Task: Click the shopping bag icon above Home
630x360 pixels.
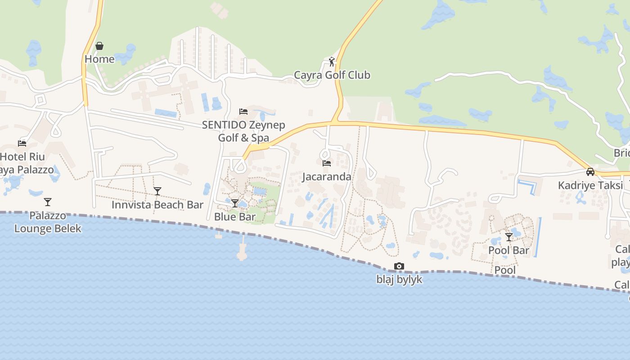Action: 99,46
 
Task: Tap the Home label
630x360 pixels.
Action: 99,59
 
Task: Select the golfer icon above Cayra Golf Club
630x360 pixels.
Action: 332,62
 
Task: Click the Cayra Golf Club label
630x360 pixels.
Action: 332,75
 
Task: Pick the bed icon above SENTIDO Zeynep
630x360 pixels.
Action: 243,111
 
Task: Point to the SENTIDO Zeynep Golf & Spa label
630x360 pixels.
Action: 243,131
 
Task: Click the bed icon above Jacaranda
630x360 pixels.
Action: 327,163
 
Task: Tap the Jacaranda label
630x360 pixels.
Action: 327,176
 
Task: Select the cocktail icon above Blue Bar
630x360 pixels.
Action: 235,203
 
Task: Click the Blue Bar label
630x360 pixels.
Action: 235,216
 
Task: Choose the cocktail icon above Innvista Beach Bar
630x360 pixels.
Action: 157,191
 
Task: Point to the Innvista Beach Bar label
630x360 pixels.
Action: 157,205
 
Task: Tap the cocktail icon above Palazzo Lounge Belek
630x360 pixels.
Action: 48,202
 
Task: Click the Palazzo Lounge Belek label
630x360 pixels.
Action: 48,222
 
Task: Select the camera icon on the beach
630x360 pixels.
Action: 399,266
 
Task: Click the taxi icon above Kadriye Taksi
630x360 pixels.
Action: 590,172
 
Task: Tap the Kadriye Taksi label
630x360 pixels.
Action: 590,185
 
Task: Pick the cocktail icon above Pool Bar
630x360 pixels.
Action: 509,237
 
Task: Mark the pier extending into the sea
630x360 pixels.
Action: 243,250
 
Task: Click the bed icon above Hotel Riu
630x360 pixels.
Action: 22,144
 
